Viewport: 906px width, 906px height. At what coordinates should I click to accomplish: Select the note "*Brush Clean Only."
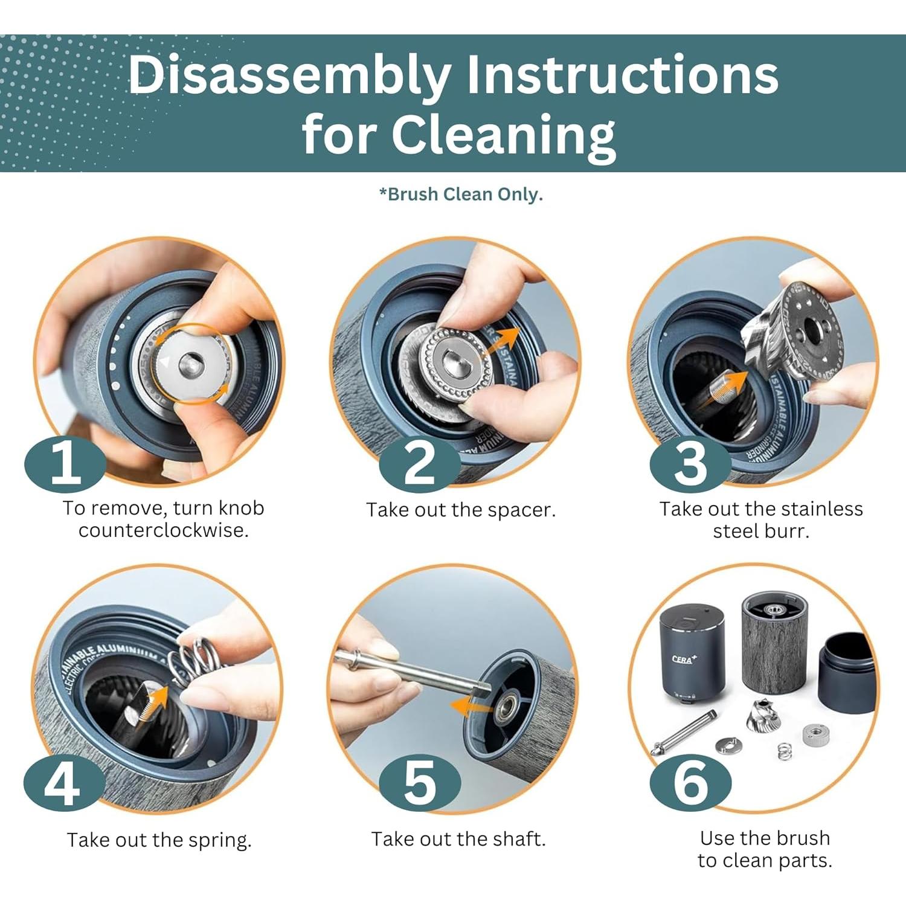(x=461, y=194)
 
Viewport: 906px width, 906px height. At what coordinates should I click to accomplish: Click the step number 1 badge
(x=65, y=464)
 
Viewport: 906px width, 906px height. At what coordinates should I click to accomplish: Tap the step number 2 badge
(x=420, y=464)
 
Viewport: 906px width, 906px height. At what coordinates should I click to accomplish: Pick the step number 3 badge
(x=690, y=464)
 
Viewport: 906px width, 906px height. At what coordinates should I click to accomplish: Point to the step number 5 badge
(x=420, y=783)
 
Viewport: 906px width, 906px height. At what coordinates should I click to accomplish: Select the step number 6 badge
(x=690, y=783)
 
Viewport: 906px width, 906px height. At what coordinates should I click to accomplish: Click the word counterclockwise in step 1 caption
(x=164, y=531)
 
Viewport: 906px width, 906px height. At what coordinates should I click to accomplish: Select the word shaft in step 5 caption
(x=519, y=839)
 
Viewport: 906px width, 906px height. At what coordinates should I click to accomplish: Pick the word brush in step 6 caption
(x=803, y=838)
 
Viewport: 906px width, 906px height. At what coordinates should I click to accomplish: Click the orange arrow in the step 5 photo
(x=473, y=705)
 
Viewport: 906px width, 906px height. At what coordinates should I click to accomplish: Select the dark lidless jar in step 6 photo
(x=846, y=670)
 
